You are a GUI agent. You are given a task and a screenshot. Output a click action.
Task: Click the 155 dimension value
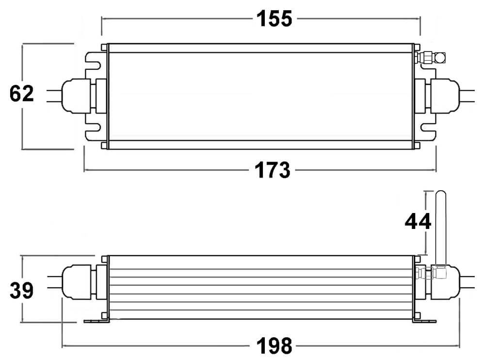[274, 19]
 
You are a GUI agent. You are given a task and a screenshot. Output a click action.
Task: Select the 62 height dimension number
[22, 94]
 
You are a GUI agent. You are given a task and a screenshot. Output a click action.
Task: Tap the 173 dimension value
[273, 170]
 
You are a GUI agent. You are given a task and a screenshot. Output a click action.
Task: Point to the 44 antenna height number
[418, 222]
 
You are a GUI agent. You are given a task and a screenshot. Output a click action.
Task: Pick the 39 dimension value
[22, 291]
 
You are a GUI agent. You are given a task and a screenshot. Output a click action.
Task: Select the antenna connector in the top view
[433, 58]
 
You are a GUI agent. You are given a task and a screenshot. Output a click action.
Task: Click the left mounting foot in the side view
[95, 321]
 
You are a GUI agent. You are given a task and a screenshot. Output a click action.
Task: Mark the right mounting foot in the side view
[425, 321]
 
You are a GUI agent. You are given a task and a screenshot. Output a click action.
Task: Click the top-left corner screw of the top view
[104, 47]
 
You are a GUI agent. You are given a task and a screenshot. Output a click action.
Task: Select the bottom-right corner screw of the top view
[416, 146]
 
